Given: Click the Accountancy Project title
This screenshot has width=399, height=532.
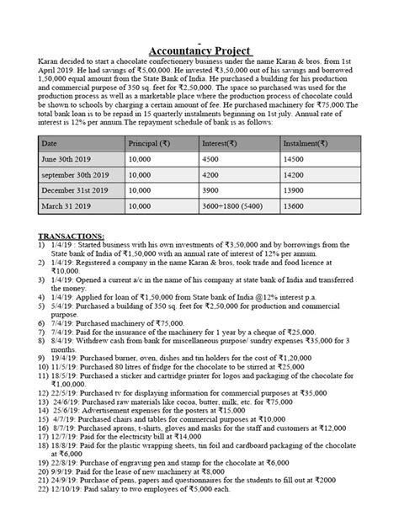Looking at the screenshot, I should tap(199, 50).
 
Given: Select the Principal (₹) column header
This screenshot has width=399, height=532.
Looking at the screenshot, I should tap(148, 144).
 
